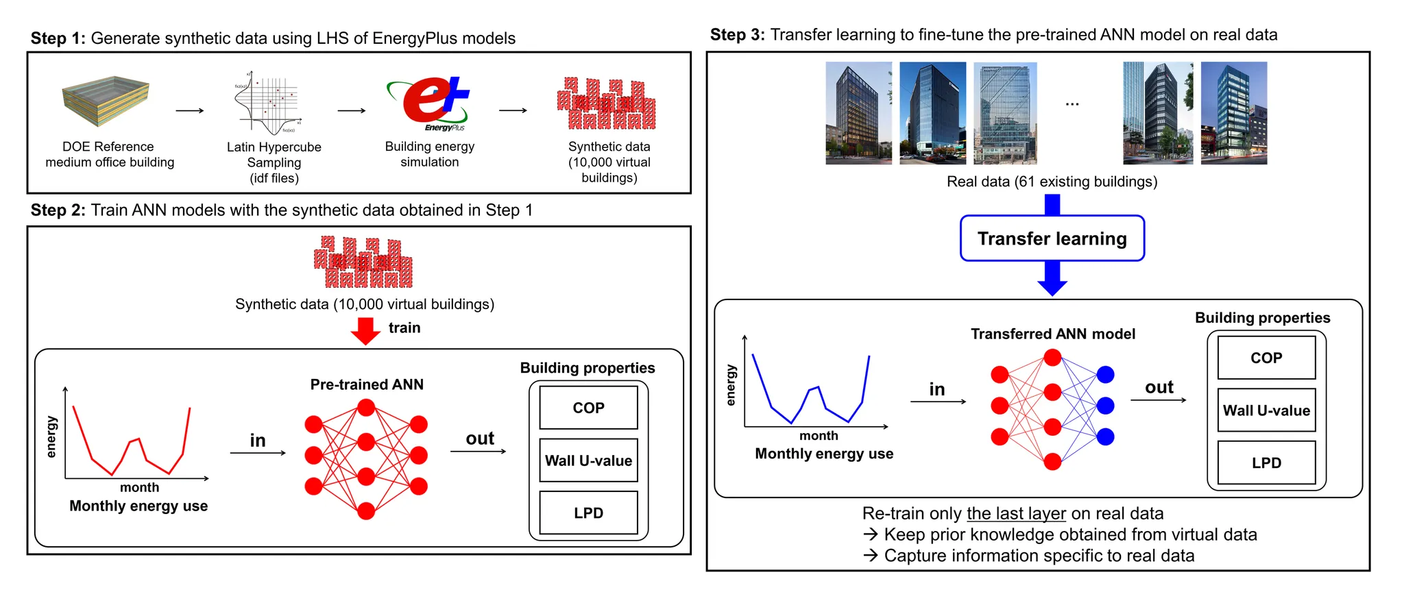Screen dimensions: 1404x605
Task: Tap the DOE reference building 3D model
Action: pos(106,101)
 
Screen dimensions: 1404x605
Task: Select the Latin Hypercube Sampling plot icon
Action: pos(268,103)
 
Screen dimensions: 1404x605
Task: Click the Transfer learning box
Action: pos(1052,238)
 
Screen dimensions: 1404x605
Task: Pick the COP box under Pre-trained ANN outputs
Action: pos(588,408)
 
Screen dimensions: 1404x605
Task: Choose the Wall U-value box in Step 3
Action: pos(1266,410)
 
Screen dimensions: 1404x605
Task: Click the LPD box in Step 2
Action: pos(588,513)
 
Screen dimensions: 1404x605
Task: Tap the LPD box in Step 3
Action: pos(1266,462)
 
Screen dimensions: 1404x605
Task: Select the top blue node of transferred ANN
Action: pos(1105,375)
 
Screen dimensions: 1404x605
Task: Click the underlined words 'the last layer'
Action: pos(1016,513)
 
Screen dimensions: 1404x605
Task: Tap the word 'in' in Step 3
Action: pos(937,389)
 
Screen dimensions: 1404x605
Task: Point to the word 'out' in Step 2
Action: pos(480,439)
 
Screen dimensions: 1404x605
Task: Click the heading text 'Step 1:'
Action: pos(58,38)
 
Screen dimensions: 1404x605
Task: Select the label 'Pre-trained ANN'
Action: pos(367,384)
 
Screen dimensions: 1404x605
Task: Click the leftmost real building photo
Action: pos(858,113)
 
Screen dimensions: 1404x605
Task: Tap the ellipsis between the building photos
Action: pos(1072,104)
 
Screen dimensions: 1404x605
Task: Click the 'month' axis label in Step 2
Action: pos(139,487)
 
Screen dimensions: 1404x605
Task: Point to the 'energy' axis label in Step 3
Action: pos(731,385)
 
